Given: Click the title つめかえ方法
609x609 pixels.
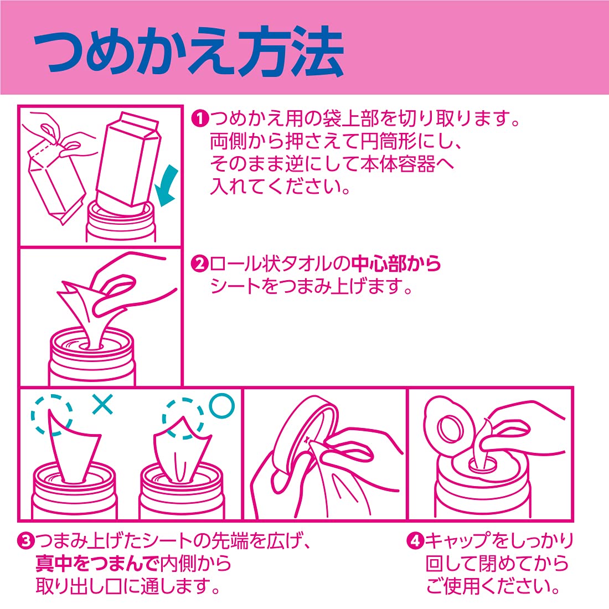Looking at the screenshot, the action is click(189, 51).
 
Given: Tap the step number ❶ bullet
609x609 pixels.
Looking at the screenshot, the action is click(200, 118).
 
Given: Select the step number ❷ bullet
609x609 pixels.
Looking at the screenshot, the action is click(200, 264).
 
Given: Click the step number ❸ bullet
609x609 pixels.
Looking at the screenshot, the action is click(25, 541).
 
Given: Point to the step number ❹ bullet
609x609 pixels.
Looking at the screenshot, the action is click(415, 541).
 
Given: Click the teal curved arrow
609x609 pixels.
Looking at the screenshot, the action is click(167, 185).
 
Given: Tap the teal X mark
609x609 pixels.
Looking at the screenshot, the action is click(103, 404).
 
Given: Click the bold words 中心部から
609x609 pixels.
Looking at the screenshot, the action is click(396, 264).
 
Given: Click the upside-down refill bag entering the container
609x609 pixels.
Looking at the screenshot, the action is click(128, 159).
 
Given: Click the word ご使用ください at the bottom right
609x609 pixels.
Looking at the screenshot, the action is click(493, 586).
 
